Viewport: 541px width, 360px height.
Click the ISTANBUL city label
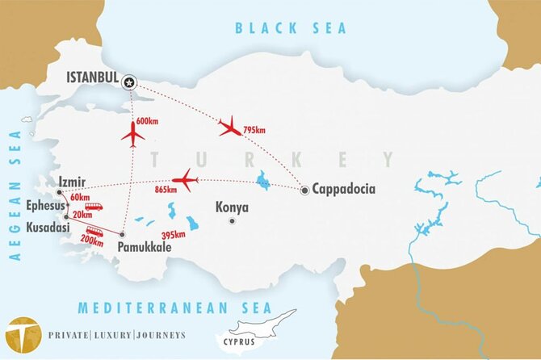coord(91,79)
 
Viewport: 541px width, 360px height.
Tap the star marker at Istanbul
coord(130,81)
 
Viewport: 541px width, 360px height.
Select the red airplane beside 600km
coord(132,133)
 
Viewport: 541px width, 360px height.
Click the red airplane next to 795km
coord(230,126)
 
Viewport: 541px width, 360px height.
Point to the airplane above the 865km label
coord(186,180)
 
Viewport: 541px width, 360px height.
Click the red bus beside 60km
coord(94,207)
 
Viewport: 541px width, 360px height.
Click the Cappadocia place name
coord(345,190)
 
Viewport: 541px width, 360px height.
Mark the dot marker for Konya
coord(232,220)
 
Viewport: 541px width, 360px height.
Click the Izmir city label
coord(71,183)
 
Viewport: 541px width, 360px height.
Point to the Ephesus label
coord(44,205)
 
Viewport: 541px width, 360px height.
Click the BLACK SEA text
coord(290,28)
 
